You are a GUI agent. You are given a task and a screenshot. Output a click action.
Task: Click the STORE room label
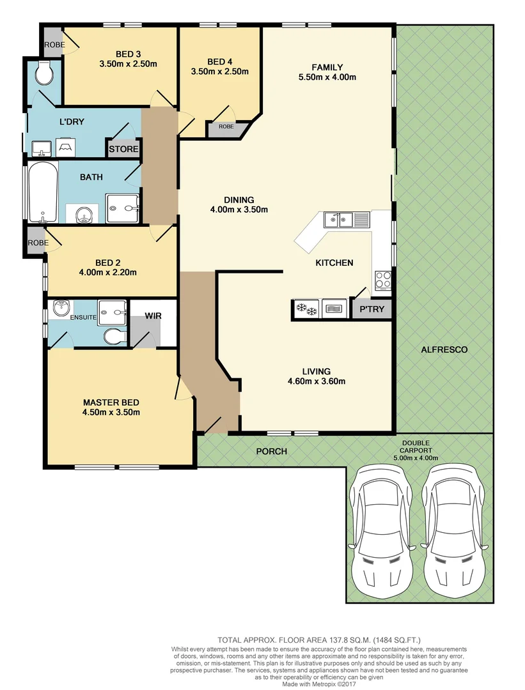123,149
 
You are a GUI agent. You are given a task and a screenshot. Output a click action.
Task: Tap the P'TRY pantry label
371,310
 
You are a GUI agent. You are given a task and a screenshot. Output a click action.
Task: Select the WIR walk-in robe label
153,316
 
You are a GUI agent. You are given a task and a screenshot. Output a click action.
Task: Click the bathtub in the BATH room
42,191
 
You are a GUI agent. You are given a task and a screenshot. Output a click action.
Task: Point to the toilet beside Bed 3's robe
44,75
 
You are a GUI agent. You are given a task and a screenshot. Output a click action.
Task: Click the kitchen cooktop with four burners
383,280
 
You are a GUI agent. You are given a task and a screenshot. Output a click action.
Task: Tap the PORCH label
271,452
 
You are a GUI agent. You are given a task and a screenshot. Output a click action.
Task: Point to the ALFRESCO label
444,349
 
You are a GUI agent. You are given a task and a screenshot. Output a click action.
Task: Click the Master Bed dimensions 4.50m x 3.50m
111,412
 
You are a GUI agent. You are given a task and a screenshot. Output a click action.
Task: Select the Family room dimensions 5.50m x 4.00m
327,77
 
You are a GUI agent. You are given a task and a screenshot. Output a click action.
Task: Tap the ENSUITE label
84,317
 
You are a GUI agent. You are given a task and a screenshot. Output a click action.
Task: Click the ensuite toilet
114,336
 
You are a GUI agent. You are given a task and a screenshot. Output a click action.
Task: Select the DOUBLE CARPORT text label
416,450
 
